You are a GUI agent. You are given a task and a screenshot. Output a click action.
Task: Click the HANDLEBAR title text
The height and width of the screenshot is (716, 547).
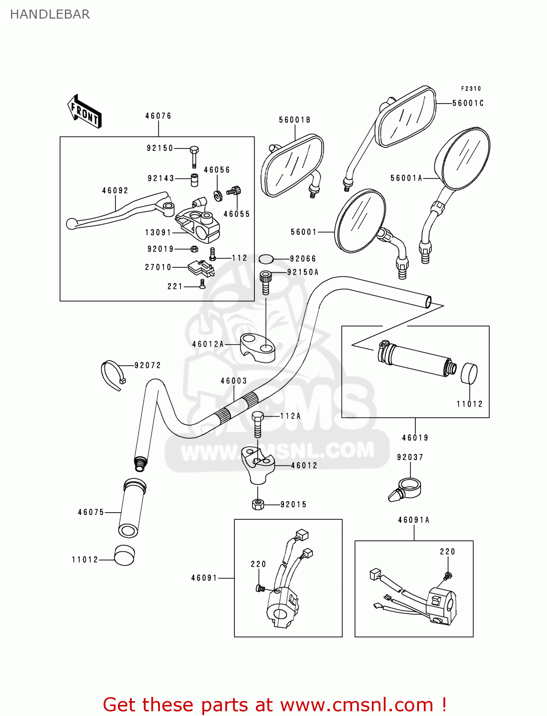50,14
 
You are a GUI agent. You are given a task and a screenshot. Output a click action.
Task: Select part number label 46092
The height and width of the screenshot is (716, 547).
115,190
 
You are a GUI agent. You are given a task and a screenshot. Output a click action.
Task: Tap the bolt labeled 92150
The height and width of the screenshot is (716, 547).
194,156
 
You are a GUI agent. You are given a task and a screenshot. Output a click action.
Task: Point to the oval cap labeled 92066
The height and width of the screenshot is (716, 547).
266,259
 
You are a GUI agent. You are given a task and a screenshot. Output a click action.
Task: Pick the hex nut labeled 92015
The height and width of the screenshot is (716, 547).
258,504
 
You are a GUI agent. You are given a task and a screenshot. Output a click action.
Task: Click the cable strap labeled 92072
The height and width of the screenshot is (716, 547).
112,374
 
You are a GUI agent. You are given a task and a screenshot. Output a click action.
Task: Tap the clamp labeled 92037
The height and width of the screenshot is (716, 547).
405,490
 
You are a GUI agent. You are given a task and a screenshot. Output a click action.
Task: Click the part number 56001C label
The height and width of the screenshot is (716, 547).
468,103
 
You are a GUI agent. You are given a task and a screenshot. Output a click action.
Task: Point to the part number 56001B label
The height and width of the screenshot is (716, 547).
295,120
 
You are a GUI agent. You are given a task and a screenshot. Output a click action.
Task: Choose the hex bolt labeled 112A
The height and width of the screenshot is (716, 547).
257,423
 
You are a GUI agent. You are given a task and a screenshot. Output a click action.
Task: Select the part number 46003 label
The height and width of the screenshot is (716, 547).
233,380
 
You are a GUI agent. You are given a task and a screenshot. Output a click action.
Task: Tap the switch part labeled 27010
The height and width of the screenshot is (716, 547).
201,268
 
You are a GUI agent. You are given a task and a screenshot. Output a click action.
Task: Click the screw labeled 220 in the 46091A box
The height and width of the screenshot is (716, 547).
448,576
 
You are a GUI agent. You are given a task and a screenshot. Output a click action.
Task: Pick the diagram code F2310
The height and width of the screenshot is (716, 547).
471,88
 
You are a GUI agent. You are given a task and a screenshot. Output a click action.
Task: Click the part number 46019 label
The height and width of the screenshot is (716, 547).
415,437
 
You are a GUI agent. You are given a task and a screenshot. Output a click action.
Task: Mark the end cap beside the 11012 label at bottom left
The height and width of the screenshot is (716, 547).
124,555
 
